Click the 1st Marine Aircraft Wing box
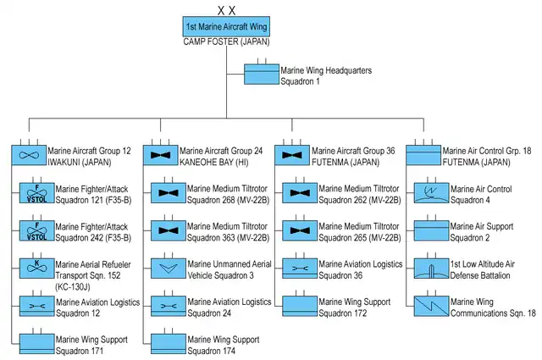coord(226,26)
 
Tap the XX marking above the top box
coord(226,9)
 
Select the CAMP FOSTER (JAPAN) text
coord(226,42)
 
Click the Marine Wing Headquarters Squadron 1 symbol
coord(262,75)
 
